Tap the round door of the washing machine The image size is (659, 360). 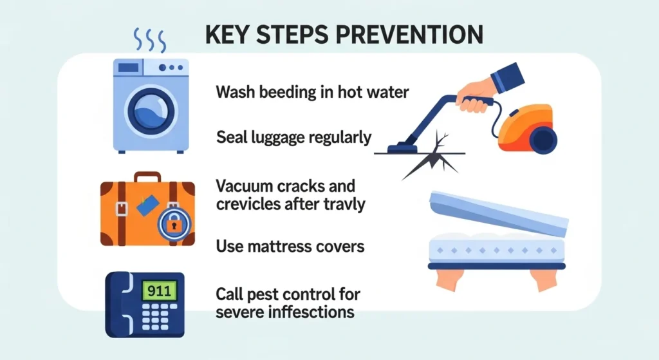(x=149, y=111)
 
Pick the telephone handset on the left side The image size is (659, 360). (x=120, y=304)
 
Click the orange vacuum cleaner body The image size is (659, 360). (x=524, y=126)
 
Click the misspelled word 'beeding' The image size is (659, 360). (x=286, y=92)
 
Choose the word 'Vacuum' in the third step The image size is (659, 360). (x=246, y=187)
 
